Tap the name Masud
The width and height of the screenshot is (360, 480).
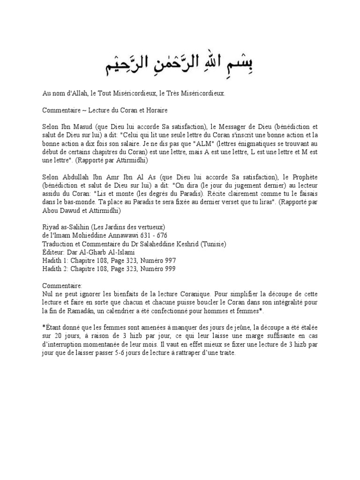(x=83, y=127)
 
